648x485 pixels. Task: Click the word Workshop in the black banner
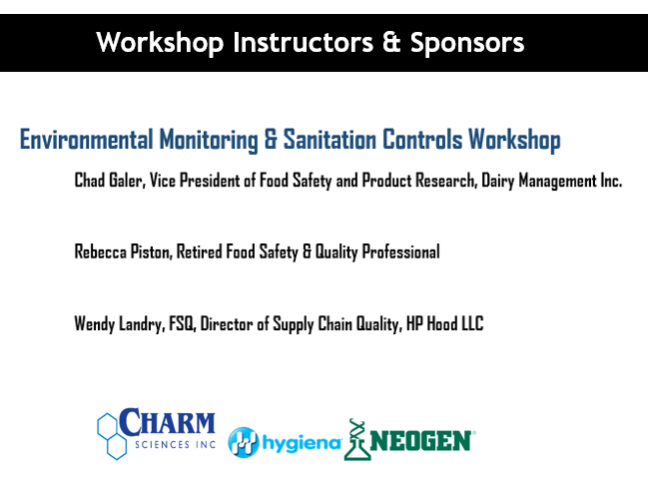[160, 43]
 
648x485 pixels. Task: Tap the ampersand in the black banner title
[391, 42]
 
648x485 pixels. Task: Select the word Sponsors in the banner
[467, 43]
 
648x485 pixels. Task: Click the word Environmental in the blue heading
[87, 140]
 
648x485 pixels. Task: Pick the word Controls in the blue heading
[422, 140]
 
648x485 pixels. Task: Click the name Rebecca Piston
[123, 251]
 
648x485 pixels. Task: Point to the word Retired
[200, 251]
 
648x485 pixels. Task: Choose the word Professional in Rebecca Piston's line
[400, 252]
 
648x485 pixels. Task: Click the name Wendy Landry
[120, 323]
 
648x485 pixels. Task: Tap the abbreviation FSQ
[182, 323]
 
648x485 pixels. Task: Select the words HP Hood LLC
[444, 323]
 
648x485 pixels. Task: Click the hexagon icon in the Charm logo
[112, 436]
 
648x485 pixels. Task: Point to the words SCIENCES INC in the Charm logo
[175, 444]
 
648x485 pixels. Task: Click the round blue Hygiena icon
[244, 442]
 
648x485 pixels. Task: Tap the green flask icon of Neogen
[356, 439]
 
